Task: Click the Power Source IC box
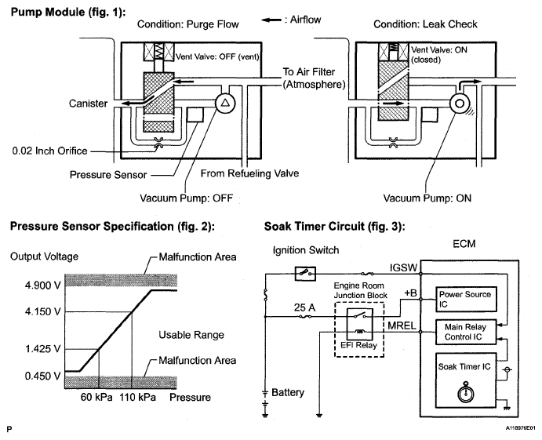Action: [466, 299]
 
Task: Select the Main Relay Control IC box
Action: [466, 332]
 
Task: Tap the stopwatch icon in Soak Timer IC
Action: [466, 393]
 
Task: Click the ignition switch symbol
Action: [306, 274]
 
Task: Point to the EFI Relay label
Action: [358, 345]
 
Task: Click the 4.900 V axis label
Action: [42, 285]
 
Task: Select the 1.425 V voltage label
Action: [42, 349]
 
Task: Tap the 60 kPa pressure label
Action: [96, 397]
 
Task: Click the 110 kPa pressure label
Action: [137, 397]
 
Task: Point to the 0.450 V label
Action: [42, 376]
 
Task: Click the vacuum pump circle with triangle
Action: [225, 103]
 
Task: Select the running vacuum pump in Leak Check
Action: [460, 104]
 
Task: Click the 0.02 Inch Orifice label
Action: [49, 151]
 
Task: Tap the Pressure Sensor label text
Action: [108, 175]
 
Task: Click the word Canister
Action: [88, 104]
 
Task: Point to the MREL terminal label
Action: [402, 325]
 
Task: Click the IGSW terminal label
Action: [403, 267]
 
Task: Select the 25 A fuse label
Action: [304, 307]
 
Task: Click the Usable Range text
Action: [191, 335]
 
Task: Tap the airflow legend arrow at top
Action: [271, 20]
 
